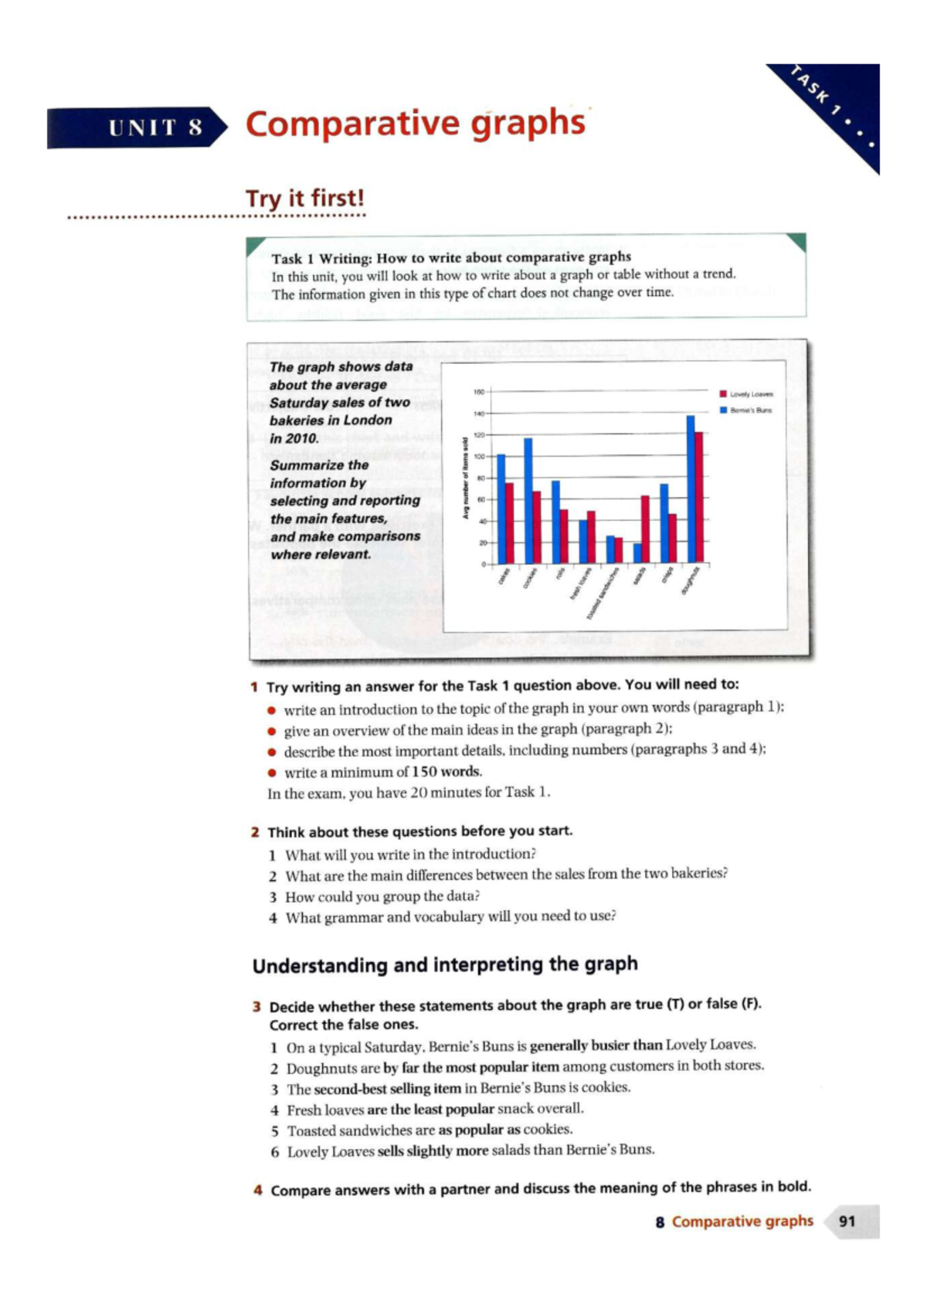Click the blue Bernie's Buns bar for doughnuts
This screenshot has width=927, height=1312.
pyautogui.click(x=691, y=488)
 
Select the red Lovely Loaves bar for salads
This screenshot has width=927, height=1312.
pyautogui.click(x=645, y=529)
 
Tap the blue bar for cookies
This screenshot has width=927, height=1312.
pyautogui.click(x=528, y=501)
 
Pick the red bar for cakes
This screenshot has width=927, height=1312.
pyautogui.click(x=509, y=523)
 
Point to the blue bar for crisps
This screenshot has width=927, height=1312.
pyautogui.click(x=664, y=523)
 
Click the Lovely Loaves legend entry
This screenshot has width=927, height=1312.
pyautogui.click(x=746, y=394)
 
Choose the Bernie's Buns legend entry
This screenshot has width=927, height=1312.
pyautogui.click(x=746, y=410)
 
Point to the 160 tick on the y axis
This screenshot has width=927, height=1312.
pyautogui.click(x=478, y=393)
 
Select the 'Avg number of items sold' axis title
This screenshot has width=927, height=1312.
pyautogui.click(x=465, y=479)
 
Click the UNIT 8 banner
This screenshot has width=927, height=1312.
pyautogui.click(x=138, y=127)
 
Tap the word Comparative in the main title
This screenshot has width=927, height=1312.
pyautogui.click(x=353, y=124)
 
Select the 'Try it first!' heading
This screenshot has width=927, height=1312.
pyautogui.click(x=304, y=199)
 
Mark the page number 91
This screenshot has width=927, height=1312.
pyautogui.click(x=847, y=1222)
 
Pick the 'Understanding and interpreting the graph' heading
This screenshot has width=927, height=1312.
pyautogui.click(x=445, y=965)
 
